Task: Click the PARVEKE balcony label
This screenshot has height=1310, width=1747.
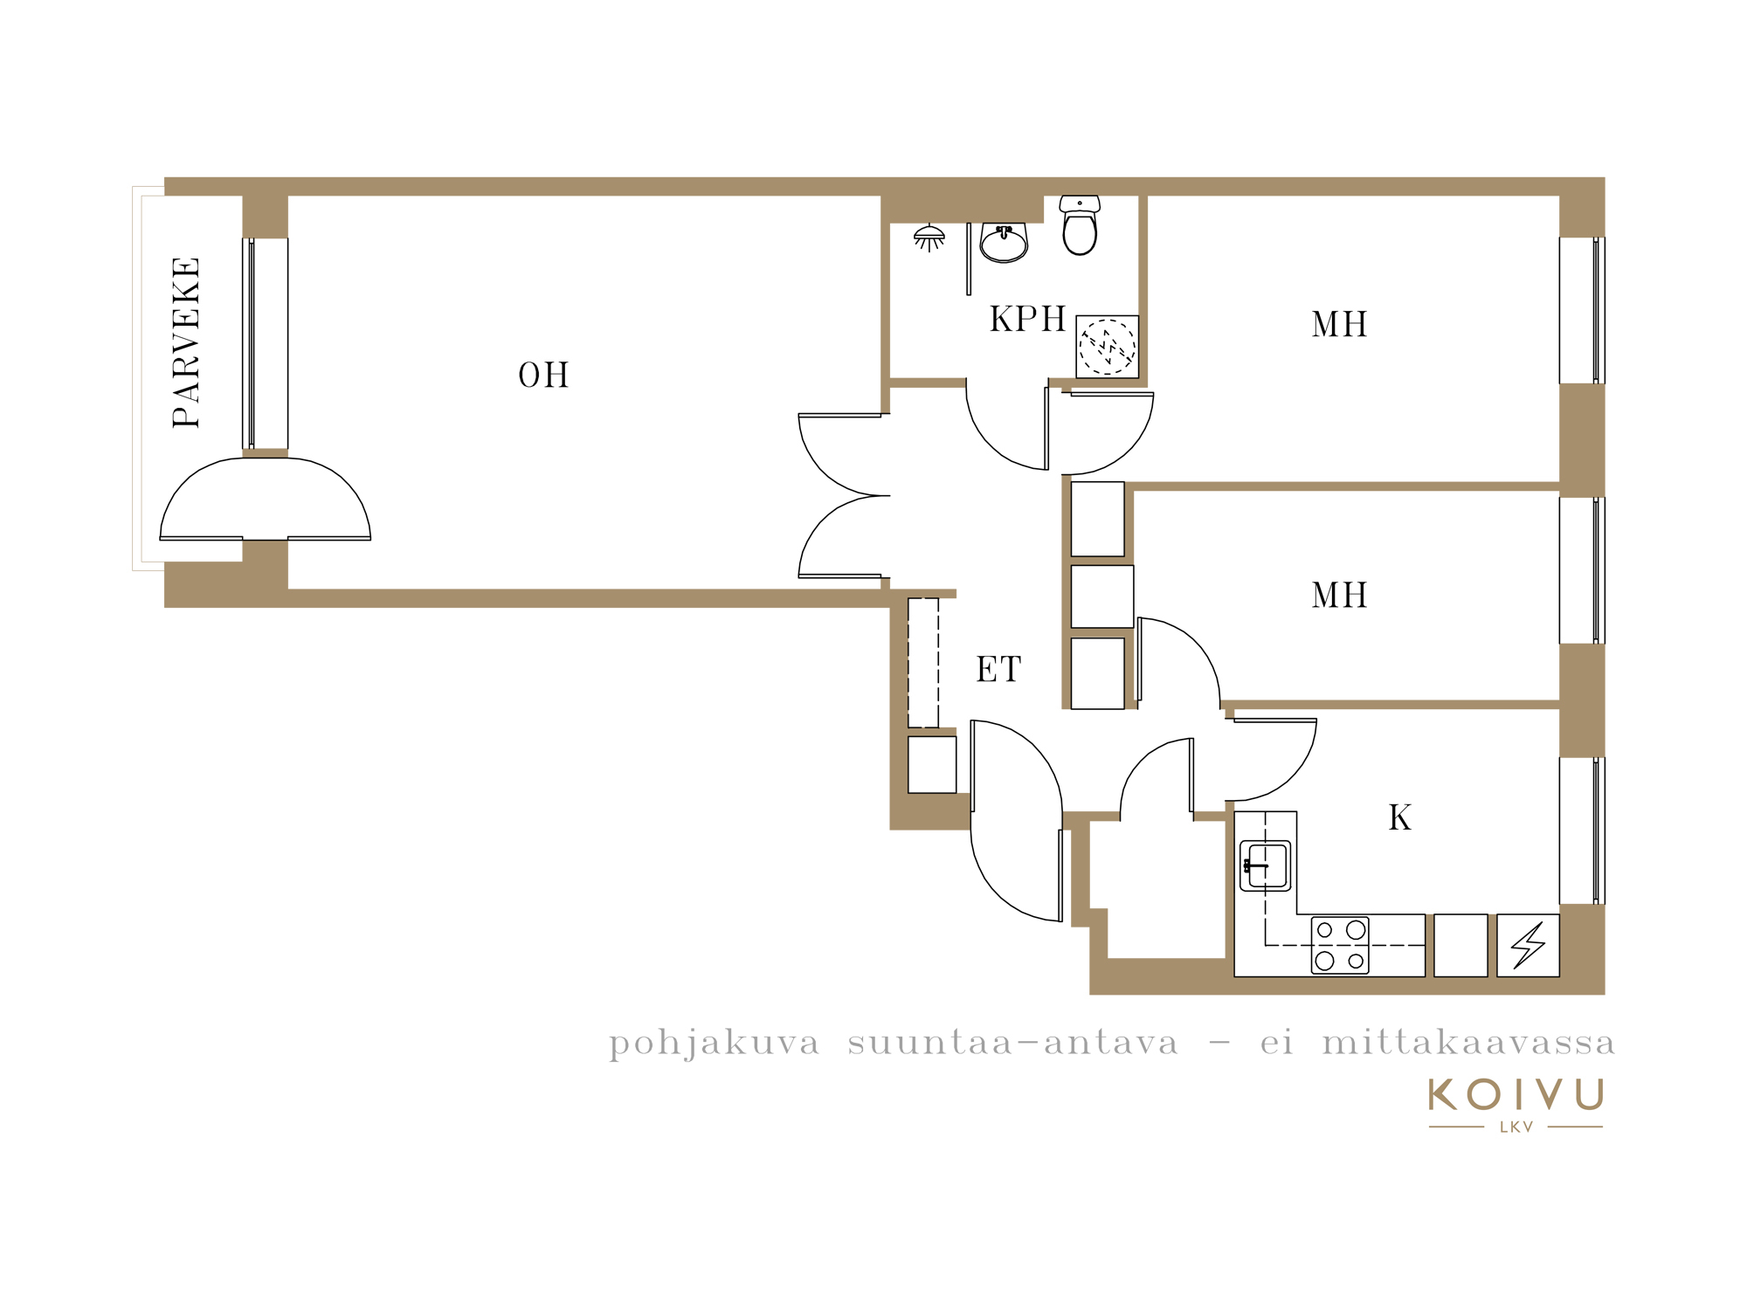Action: coord(186,342)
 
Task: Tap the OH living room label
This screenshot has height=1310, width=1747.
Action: coord(543,376)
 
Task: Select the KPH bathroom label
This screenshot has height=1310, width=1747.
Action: coord(1027,320)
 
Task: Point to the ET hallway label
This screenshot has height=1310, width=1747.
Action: coord(998,670)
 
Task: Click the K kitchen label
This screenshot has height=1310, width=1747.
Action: coord(1400,817)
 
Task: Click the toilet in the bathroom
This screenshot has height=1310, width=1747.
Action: coord(1080,224)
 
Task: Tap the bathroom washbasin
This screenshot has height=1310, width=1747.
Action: coord(1004,243)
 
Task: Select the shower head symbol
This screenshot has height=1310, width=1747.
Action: coord(929,238)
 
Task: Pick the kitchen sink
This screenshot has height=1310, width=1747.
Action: coord(1266,865)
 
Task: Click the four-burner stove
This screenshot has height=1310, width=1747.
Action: coord(1340,945)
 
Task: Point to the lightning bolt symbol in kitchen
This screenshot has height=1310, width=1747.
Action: coord(1528,945)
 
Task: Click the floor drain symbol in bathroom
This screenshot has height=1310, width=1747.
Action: coord(1107,347)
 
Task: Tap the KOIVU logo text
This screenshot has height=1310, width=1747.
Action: coord(1516,1094)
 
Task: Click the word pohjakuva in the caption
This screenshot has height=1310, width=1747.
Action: coord(715,1044)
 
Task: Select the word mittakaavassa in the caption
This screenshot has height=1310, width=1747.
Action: coord(1468,1042)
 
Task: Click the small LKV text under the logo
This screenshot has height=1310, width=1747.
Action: coord(1516,1127)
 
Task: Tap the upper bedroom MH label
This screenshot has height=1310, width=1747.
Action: coord(1339,325)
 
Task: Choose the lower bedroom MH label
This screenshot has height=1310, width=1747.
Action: coord(1339,596)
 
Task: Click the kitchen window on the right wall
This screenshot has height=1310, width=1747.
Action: coord(1582,831)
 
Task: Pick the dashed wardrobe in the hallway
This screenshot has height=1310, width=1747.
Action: coord(923,663)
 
